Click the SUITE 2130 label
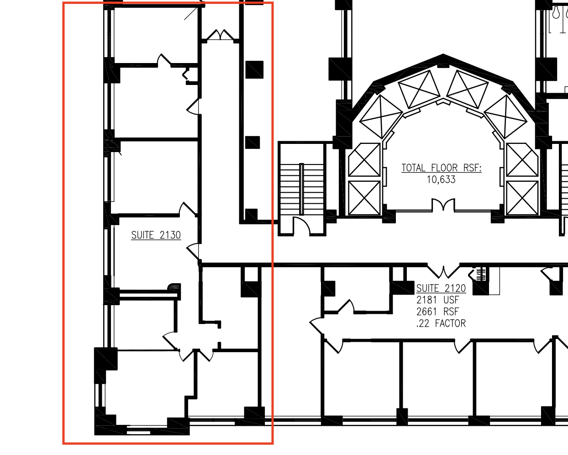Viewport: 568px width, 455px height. [x=156, y=235]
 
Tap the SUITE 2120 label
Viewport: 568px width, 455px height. [x=441, y=288]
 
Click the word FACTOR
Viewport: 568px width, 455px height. [x=450, y=323]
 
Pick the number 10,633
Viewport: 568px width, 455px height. [x=441, y=180]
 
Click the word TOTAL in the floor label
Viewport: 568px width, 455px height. [x=413, y=168]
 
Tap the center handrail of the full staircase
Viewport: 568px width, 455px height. [x=301, y=189]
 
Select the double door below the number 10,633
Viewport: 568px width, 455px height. [x=443, y=205]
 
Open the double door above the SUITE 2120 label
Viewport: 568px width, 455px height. [x=443, y=271]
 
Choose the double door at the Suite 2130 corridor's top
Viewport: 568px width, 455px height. [x=220, y=35]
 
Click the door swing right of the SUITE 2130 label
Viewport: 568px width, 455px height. [x=193, y=251]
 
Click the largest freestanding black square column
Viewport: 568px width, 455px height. [x=254, y=70]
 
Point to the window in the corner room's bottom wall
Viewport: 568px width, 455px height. [x=138, y=432]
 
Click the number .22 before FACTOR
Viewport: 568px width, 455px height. [x=423, y=323]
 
